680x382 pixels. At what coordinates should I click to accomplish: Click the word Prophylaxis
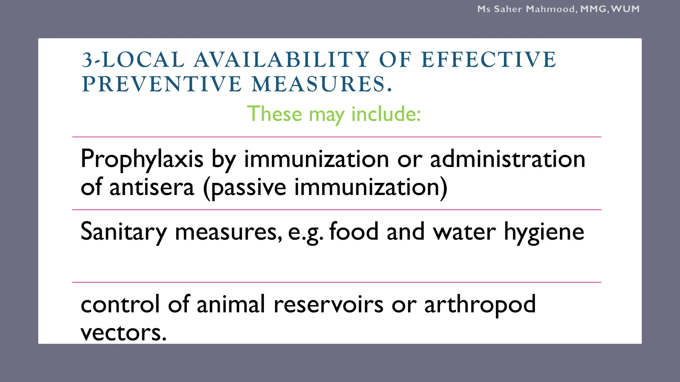click(x=142, y=159)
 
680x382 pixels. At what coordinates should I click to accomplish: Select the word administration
click(x=507, y=159)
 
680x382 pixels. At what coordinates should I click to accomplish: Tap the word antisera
click(x=152, y=187)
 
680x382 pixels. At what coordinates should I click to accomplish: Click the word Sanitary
click(x=124, y=232)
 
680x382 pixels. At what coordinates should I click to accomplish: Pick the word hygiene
click(x=544, y=232)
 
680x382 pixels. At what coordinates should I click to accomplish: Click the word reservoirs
click(x=328, y=304)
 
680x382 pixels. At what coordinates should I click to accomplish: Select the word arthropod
click(x=480, y=305)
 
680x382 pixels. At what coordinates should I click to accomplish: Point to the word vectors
click(x=123, y=333)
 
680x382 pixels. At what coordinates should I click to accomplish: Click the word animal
click(x=231, y=304)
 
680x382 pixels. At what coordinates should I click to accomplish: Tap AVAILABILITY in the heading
click(x=282, y=60)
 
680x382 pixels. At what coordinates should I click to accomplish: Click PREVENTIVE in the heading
click(x=162, y=84)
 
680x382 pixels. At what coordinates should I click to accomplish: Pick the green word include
click(x=386, y=114)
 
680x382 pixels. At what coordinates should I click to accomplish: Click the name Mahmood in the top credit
click(x=551, y=9)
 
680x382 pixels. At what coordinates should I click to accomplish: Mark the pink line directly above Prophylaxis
click(x=337, y=137)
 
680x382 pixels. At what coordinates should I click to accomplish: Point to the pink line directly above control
click(x=337, y=282)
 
